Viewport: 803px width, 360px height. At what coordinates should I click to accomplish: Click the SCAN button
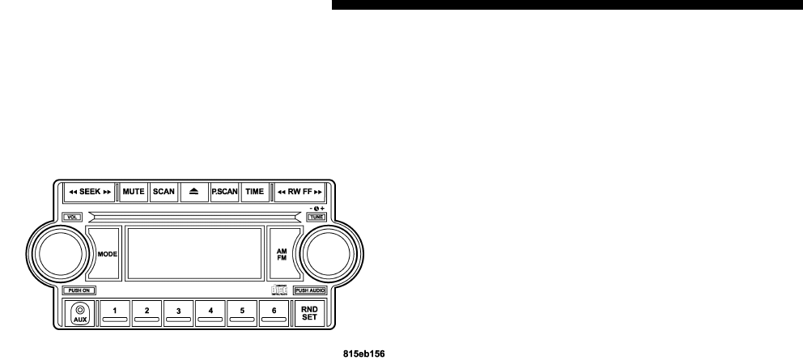[x=164, y=192]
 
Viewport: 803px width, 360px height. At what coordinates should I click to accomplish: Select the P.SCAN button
[x=223, y=192]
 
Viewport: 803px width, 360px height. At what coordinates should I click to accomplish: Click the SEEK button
[x=88, y=192]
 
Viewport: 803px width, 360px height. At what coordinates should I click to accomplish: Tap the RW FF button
[x=300, y=192]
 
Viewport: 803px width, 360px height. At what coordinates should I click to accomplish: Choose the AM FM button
[x=281, y=253]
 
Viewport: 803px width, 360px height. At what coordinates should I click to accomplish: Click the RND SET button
[x=309, y=312]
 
